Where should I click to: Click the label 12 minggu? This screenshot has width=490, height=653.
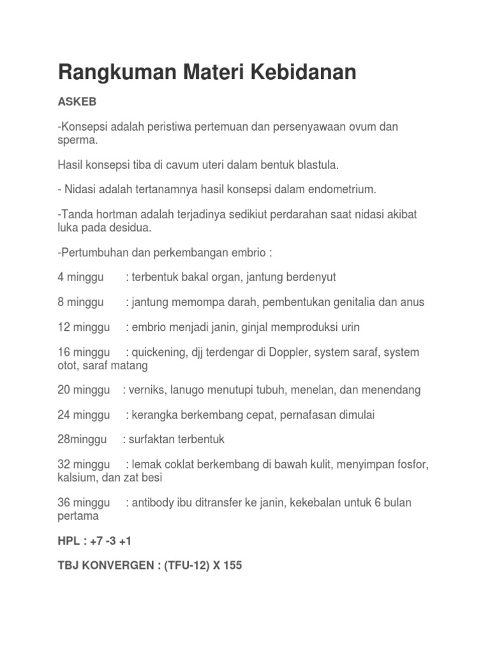(83, 327)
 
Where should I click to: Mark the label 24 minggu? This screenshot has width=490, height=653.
(84, 415)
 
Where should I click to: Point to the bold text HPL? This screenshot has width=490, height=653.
(68, 540)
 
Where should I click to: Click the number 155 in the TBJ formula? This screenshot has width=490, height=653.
(233, 565)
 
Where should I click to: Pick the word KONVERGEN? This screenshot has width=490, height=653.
(112, 565)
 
